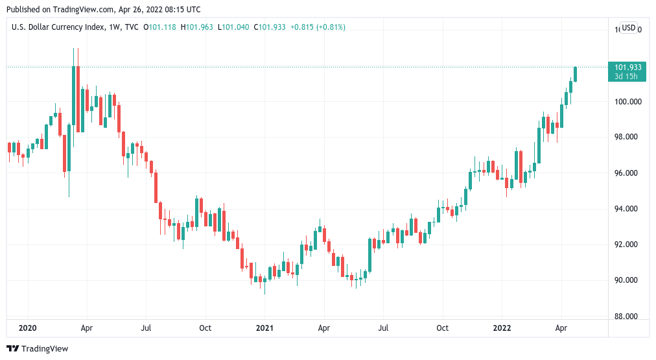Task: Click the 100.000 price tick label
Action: click(x=628, y=101)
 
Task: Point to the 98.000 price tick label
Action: click(x=627, y=137)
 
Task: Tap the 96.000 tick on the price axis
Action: click(x=627, y=173)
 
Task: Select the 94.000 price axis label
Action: click(x=627, y=209)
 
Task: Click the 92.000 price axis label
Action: click(x=627, y=245)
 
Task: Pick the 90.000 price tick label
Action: click(x=627, y=280)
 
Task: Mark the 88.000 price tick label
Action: click(x=627, y=317)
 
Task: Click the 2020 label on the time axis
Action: click(x=28, y=328)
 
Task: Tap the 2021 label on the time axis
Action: click(x=264, y=328)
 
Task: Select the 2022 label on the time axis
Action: click(x=503, y=328)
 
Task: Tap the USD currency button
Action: click(x=628, y=28)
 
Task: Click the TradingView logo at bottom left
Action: click(x=37, y=349)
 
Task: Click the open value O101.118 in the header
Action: click(x=159, y=27)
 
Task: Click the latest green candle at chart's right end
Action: click(x=576, y=74)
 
